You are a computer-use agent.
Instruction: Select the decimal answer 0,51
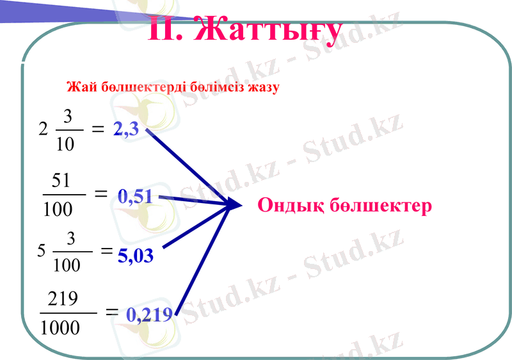coord(135,197)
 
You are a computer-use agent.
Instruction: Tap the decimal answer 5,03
coord(136,256)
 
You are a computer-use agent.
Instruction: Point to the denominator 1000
coord(60,328)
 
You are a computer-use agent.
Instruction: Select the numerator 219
coord(63,299)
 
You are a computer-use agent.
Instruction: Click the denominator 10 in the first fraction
coord(65,144)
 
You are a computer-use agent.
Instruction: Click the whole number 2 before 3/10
coord(43,129)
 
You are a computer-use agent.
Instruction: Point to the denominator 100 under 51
coord(58,209)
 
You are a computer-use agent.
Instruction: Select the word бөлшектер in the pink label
coord(382,206)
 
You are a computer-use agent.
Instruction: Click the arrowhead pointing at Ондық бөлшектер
coord(234,205)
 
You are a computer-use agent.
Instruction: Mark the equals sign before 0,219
coord(111,312)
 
